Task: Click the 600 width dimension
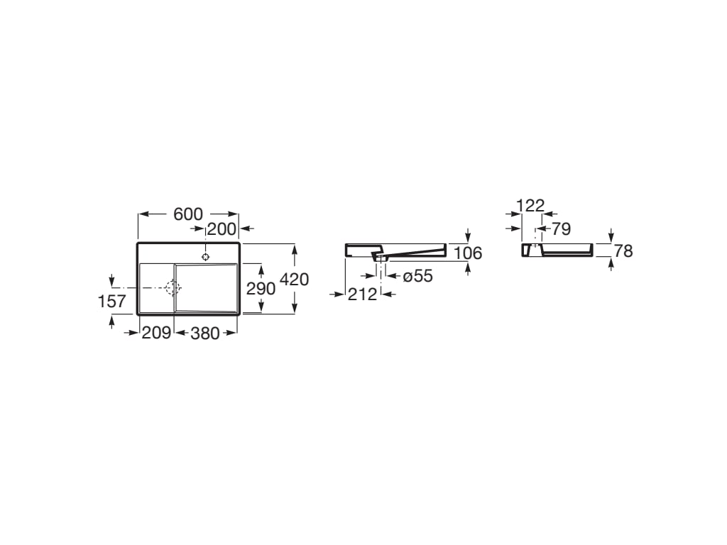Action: pyautogui.click(x=188, y=214)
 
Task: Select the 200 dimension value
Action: pyautogui.click(x=221, y=229)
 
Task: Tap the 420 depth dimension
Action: pyautogui.click(x=295, y=280)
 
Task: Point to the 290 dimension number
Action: pyautogui.click(x=261, y=288)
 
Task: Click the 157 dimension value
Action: pyautogui.click(x=111, y=301)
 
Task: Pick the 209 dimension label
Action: pyautogui.click(x=156, y=332)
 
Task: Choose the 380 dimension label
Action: pyautogui.click(x=205, y=332)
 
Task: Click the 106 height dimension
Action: pyautogui.click(x=468, y=253)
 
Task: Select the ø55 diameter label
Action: pyautogui.click(x=417, y=276)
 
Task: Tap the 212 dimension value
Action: pyautogui.click(x=362, y=294)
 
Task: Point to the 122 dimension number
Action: pyautogui.click(x=530, y=206)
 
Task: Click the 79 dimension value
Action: pyautogui.click(x=561, y=229)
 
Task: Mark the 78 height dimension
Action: pyautogui.click(x=623, y=251)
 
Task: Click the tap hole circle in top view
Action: pyautogui.click(x=206, y=256)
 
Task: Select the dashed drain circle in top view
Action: pyautogui.click(x=173, y=287)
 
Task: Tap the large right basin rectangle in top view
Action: pyautogui.click(x=207, y=287)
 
